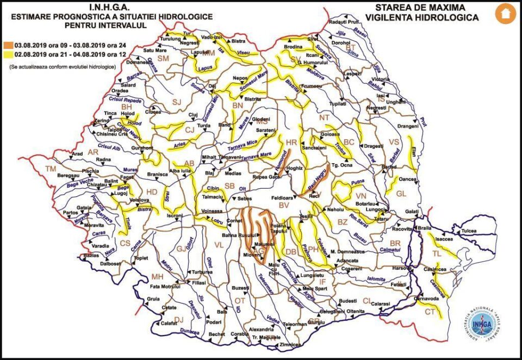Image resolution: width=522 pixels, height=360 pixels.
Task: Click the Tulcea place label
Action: pos(469,231)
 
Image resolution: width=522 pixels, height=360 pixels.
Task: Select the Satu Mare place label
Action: pos(154,51)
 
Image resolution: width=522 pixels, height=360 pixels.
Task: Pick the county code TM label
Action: pos(50,169)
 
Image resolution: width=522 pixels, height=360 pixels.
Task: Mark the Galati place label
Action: pos(411,212)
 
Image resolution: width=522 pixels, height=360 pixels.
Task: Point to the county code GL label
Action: pos(401,194)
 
